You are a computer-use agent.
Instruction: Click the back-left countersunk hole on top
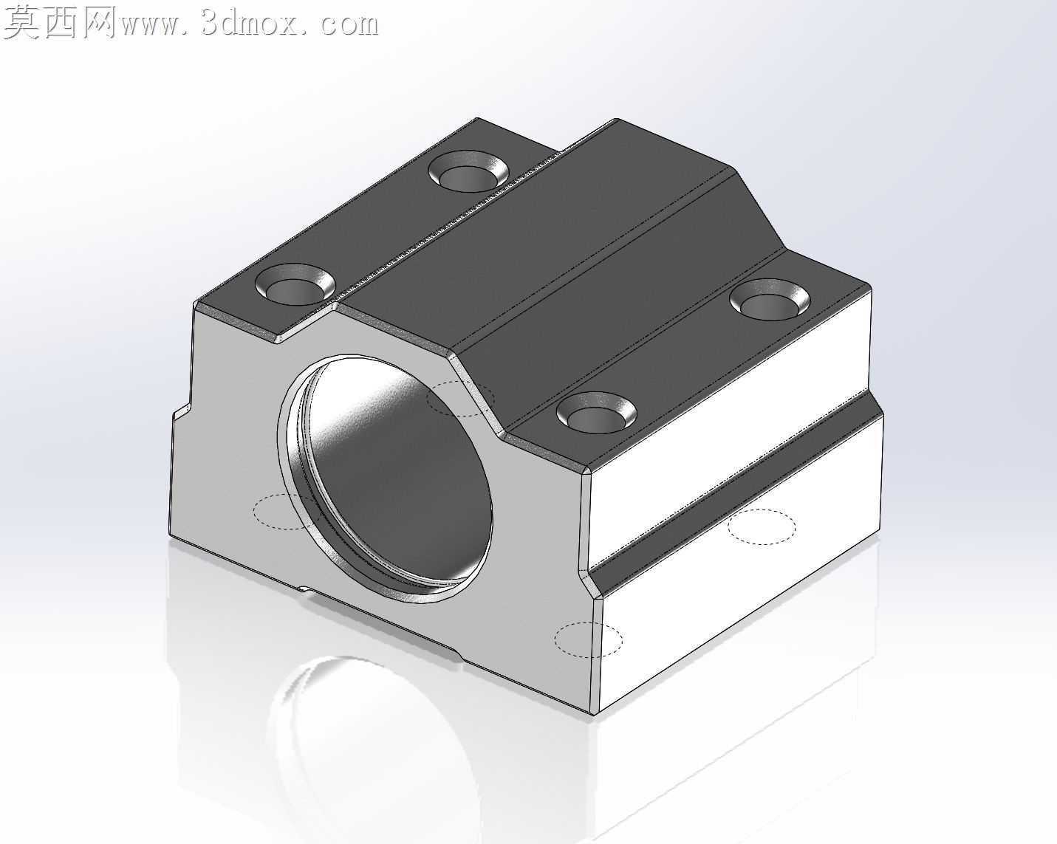[468, 171]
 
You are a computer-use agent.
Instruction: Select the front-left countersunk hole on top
[295, 284]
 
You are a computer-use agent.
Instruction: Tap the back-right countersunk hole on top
[770, 300]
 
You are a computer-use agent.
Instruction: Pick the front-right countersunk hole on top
[597, 413]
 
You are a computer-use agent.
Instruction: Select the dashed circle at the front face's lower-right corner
[589, 639]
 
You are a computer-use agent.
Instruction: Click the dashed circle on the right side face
[762, 526]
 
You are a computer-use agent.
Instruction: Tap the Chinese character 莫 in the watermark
[21, 23]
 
